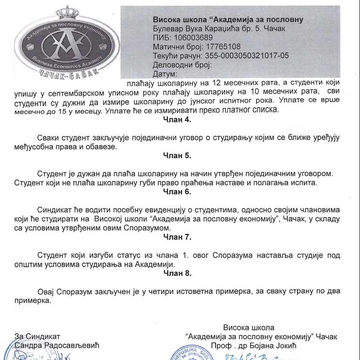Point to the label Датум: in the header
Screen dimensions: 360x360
coord(165,74)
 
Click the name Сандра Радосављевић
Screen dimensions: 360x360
coord(56,346)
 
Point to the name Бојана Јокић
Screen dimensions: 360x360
coord(292,346)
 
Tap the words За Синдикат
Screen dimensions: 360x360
coord(37,337)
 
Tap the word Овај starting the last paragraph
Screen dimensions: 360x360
coord(47,291)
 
